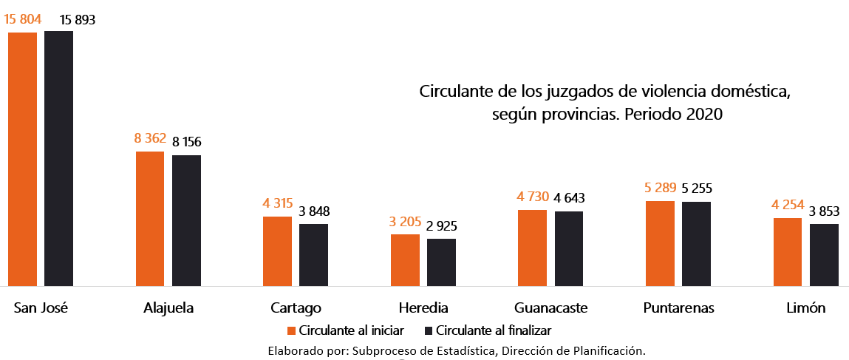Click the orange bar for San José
tap(22, 159)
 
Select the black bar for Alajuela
tap(186, 220)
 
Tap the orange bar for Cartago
tap(277, 251)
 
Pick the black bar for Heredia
tap(441, 262)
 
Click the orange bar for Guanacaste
tap(532, 248)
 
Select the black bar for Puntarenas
tap(696, 243)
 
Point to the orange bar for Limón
tap(788, 251)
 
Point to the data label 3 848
tap(314, 211)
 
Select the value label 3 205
tap(405, 223)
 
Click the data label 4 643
tap(569, 199)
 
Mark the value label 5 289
tap(660, 189)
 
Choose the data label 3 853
tap(824, 211)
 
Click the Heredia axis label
tap(423, 308)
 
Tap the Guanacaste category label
tap(550, 308)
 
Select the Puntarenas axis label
tap(678, 308)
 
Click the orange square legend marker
tap(291, 330)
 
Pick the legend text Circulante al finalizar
tap(494, 330)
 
